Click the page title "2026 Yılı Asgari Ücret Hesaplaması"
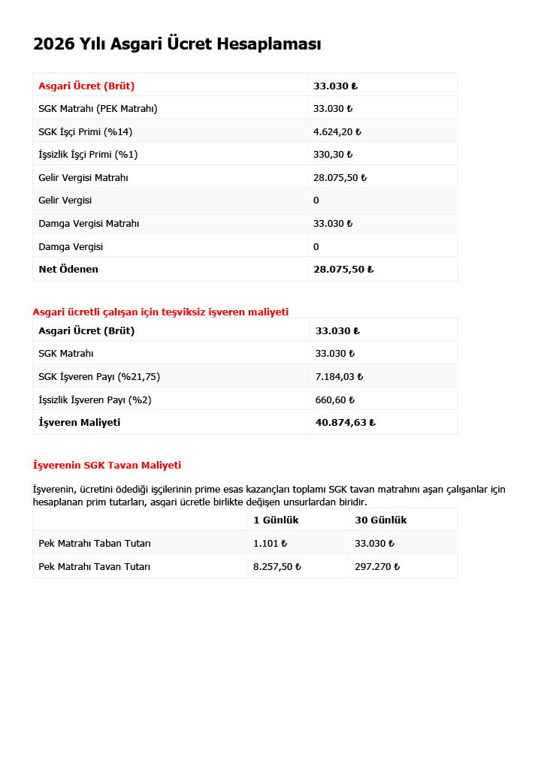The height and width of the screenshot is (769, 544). point(177,44)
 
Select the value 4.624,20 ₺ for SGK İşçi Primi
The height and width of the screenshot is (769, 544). point(337,132)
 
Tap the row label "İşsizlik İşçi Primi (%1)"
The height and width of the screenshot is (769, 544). point(88,155)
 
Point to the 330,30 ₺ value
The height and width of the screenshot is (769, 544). point(332,155)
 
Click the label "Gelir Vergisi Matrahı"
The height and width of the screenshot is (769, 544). point(83,178)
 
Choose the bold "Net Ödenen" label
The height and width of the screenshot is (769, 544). point(68,269)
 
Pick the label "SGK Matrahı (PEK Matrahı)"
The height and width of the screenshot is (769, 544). point(98,109)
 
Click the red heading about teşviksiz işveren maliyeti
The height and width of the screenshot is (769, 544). point(160,312)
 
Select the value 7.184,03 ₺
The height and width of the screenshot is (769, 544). point(339,377)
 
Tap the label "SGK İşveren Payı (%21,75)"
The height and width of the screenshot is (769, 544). point(99,377)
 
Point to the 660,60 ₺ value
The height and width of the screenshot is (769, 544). point(334,400)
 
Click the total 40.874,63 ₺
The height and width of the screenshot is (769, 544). point(345,423)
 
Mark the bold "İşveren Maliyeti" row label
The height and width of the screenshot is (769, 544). point(79,423)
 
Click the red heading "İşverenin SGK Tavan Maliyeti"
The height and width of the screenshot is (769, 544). point(107,466)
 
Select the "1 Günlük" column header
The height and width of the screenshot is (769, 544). point(276,520)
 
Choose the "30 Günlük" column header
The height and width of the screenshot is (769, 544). point(380,520)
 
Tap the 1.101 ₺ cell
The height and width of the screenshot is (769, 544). point(270,544)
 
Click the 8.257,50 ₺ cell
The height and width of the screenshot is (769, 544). point(277,567)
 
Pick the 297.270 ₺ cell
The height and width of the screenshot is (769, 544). point(376,567)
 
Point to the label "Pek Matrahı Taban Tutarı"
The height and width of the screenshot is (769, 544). point(95,544)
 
